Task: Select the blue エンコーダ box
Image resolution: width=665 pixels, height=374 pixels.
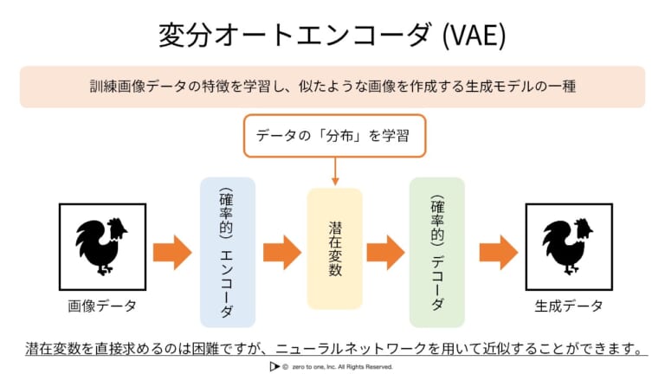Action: pos(227,252)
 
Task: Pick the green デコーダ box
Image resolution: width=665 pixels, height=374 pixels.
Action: pos(436,252)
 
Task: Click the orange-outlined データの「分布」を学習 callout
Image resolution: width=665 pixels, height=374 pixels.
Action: pos(334,135)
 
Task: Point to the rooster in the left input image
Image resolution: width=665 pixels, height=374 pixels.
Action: pos(101,246)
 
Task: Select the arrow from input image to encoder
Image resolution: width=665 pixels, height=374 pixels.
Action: pos(171,252)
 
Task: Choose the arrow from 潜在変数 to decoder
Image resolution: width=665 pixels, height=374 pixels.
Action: pos(385,252)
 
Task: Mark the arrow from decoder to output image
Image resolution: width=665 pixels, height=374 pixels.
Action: pos(498,252)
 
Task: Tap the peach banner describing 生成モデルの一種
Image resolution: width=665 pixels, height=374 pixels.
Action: pos(332,87)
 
